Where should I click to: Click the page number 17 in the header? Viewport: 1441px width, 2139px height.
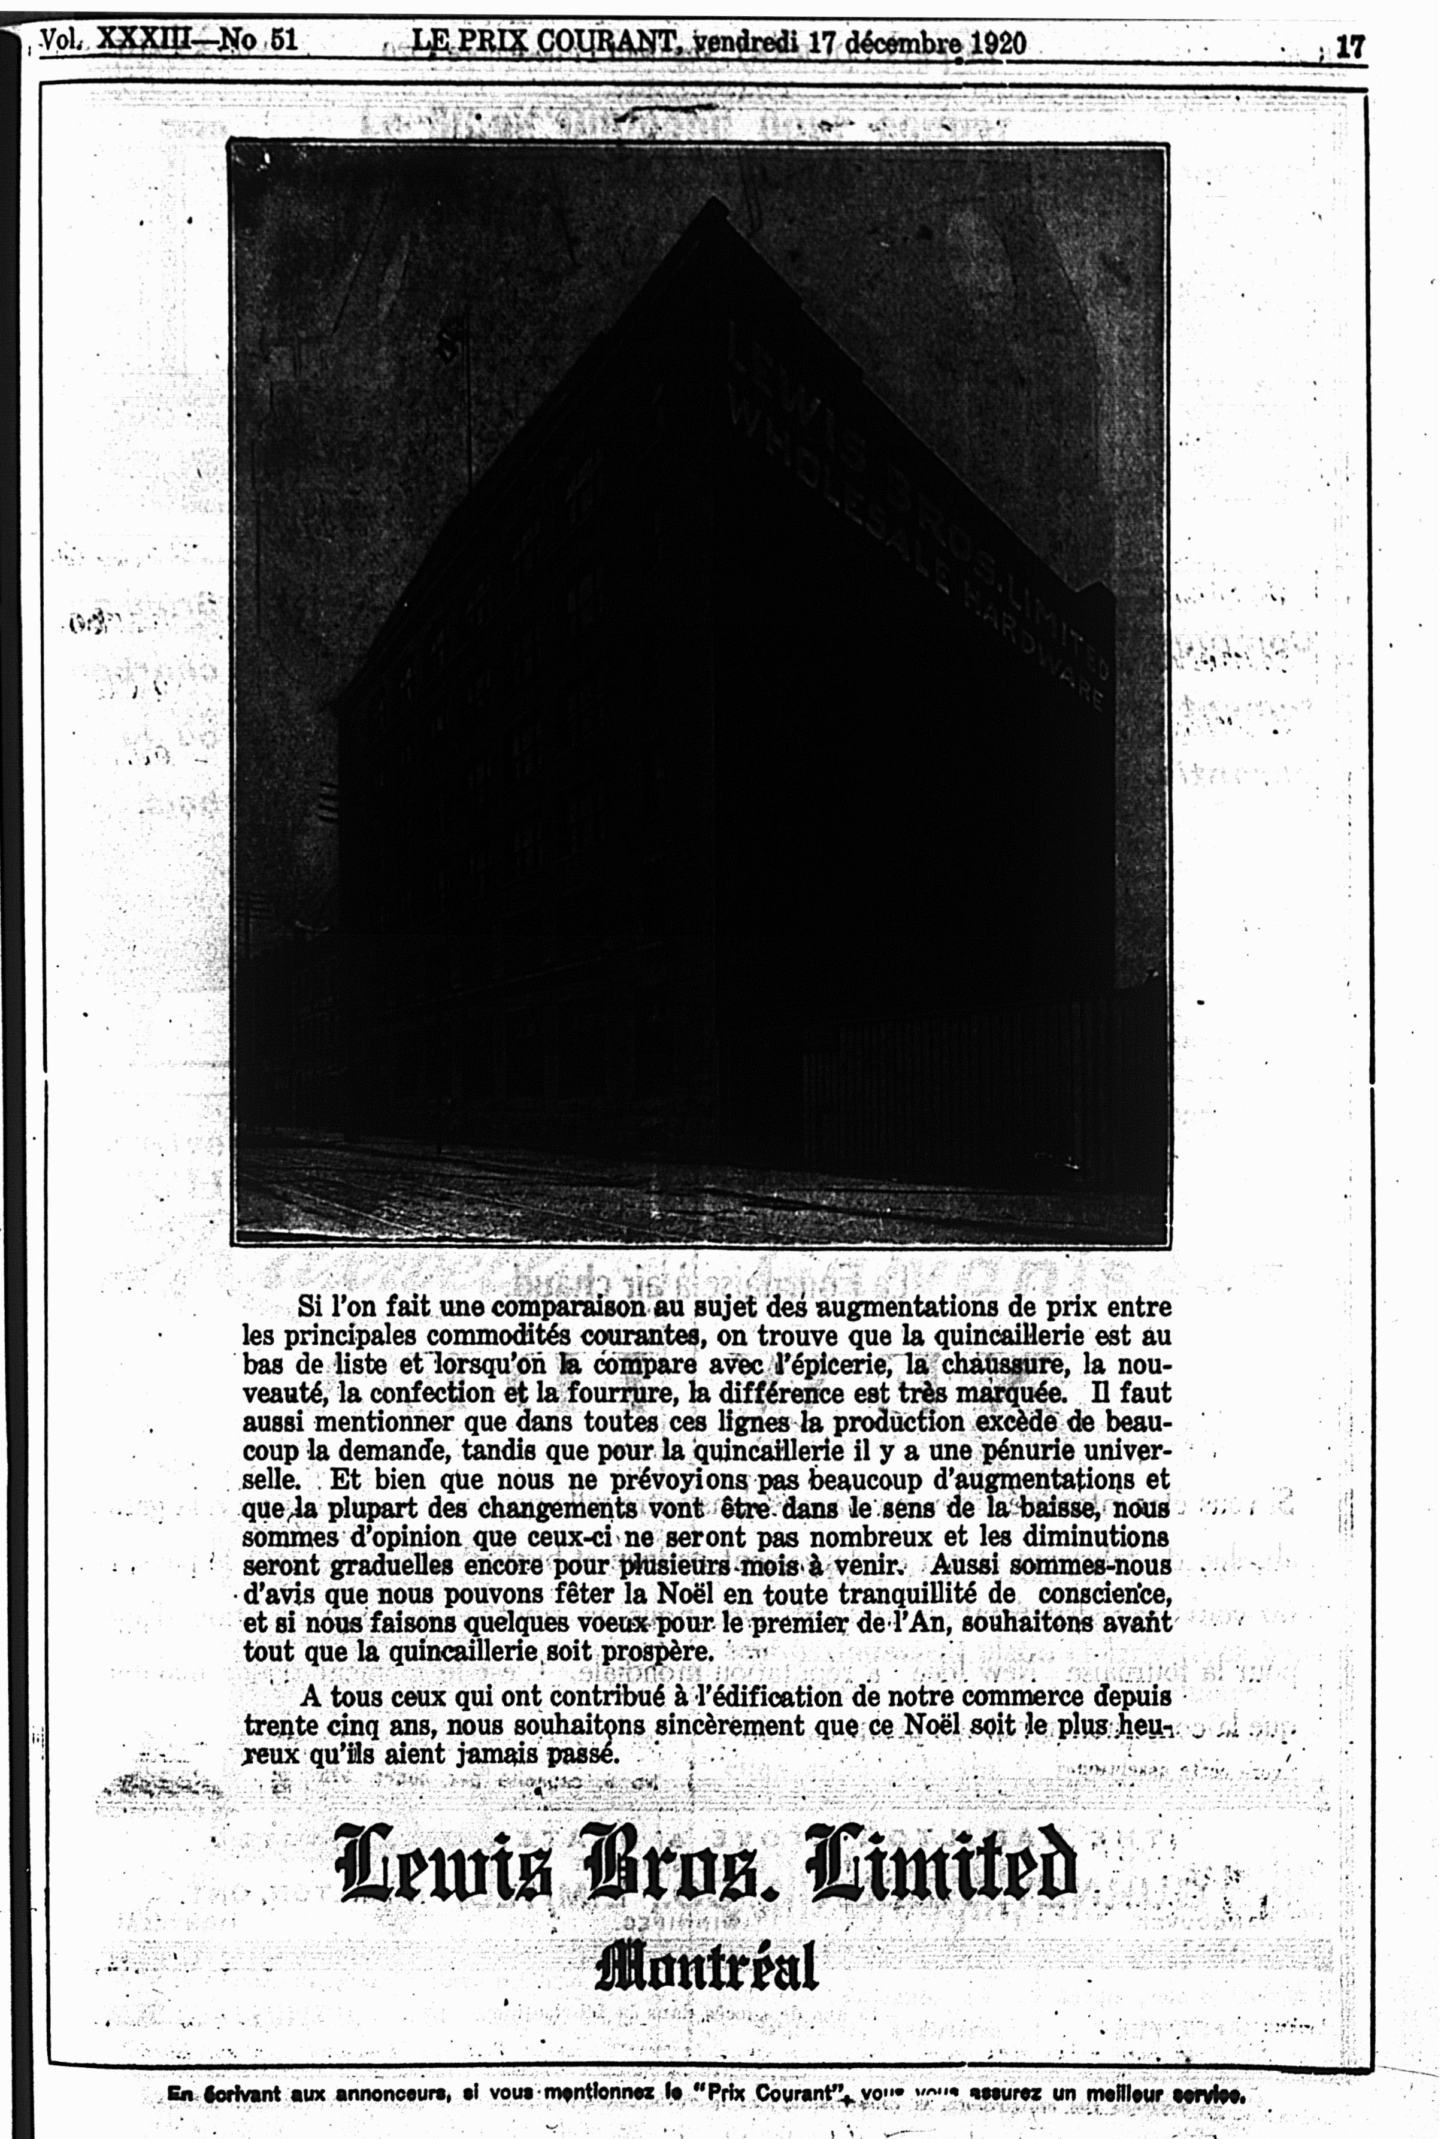pos(1349,46)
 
